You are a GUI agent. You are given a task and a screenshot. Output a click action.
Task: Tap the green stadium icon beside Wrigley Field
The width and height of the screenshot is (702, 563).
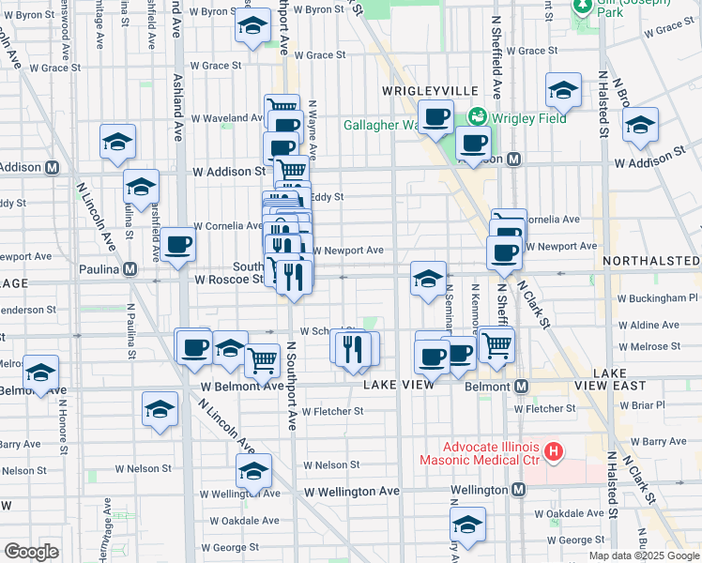tap(478, 117)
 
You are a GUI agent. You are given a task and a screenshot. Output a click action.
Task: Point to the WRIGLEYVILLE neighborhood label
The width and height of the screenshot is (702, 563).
tap(431, 90)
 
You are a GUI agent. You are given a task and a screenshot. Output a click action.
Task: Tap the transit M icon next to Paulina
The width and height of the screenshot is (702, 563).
tap(131, 269)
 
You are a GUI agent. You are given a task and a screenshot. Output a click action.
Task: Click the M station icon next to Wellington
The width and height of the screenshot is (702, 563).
tap(519, 490)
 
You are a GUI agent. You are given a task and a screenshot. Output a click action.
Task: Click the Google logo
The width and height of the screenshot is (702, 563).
tap(31, 551)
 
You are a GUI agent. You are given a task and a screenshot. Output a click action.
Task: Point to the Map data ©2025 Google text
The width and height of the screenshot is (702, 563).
tap(643, 555)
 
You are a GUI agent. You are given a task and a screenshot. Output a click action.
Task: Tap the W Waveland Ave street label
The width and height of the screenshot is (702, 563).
tap(228, 118)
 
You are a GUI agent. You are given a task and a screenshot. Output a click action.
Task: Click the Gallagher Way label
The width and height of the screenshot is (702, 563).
tap(379, 125)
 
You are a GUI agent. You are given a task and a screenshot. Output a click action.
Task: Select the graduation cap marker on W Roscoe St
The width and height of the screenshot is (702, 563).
tap(428, 279)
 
